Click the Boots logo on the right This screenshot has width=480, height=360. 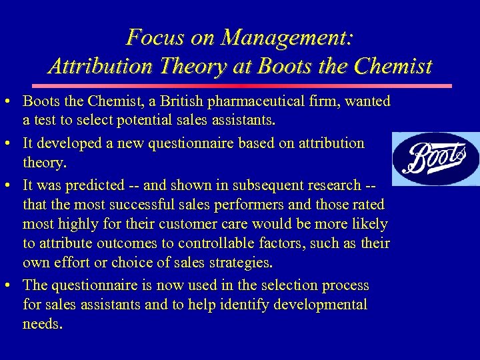pos(435,158)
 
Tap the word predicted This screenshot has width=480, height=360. pos(97,185)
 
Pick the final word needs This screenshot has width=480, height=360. pos(43,324)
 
